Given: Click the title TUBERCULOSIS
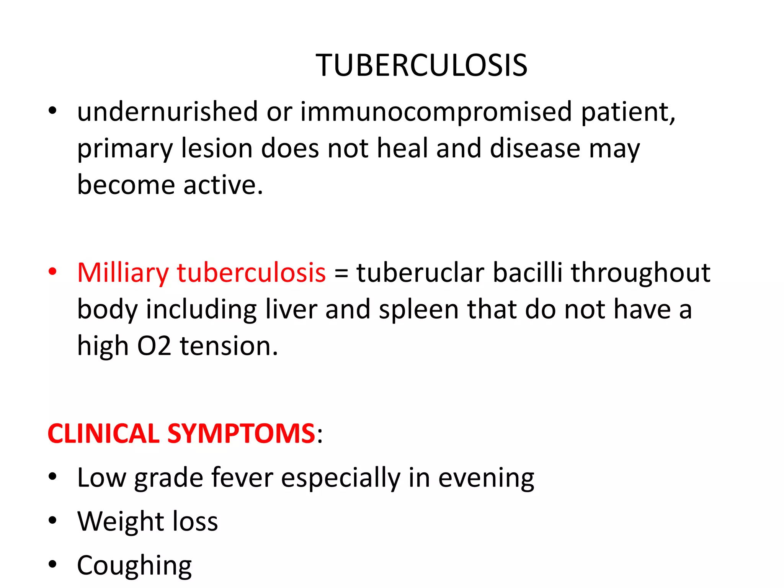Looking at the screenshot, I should click(x=421, y=65).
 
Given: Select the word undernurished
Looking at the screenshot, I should click(x=168, y=112).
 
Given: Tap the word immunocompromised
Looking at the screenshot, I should click(x=436, y=112).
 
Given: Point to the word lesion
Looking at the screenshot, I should click(x=217, y=149).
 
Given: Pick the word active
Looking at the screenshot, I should click(x=223, y=185).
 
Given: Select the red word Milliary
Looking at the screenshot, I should click(x=123, y=273).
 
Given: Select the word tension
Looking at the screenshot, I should click(x=229, y=346).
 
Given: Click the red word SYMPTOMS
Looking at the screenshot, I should click(x=241, y=434).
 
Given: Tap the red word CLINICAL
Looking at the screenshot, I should click(x=103, y=434).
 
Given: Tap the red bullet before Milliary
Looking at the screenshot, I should click(x=52, y=272).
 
